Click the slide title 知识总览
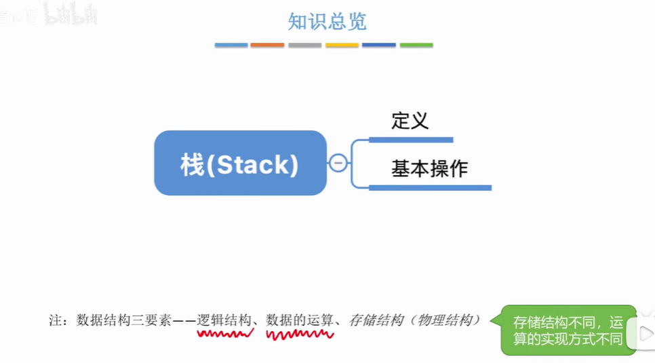coord(327,22)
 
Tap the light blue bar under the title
coord(231,45)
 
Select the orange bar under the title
coord(267,45)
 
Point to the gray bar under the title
coord(304,45)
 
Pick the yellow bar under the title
coord(342,45)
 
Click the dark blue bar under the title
coord(378,45)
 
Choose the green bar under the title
coord(416,45)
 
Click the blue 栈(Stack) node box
coord(240,163)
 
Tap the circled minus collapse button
coord(338,163)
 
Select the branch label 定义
coord(410,121)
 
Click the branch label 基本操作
coord(429,169)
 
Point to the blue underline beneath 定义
coord(411,140)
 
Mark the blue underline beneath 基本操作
coord(430,187)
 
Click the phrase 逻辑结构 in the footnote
coord(224,320)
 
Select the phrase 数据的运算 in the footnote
coord(300,320)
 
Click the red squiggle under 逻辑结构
coord(224,333)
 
